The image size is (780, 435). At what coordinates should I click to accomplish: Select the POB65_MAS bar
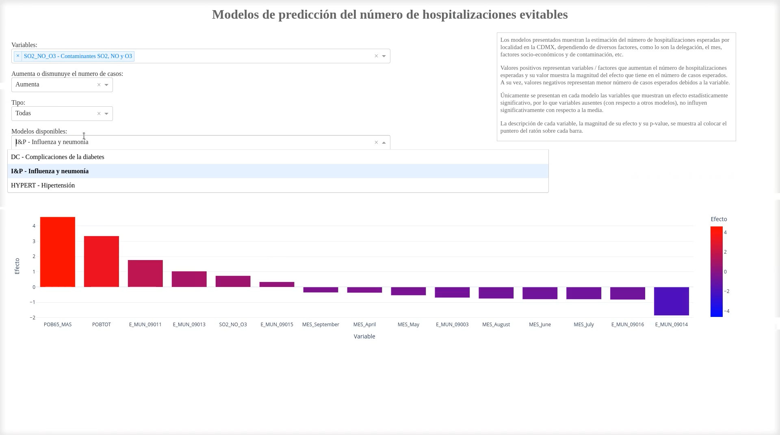point(57,252)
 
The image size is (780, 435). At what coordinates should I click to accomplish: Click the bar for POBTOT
point(101,261)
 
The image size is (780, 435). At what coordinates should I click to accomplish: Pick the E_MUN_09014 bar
point(671,301)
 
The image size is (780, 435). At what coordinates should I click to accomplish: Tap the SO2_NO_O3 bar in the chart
point(233,281)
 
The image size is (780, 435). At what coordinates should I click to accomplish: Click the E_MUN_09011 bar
point(145,273)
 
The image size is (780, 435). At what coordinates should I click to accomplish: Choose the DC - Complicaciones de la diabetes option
point(58,157)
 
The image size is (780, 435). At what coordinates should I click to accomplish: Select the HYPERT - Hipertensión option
point(43,185)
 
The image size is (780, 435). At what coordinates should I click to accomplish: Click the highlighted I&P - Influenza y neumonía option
point(50,171)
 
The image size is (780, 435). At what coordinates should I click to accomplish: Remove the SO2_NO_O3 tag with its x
point(18,56)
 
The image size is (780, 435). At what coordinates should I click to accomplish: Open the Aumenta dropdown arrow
point(106,85)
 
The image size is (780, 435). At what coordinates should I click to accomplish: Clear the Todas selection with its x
point(99,114)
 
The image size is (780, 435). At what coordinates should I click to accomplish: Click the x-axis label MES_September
point(321,325)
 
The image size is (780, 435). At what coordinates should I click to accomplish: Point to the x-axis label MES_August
point(496,325)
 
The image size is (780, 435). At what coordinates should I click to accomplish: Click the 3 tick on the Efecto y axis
point(34,241)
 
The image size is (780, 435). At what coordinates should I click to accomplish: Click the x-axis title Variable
point(364,336)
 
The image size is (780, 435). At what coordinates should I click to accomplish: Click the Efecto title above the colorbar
point(719,219)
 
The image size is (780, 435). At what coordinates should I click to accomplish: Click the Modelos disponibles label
point(39,131)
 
